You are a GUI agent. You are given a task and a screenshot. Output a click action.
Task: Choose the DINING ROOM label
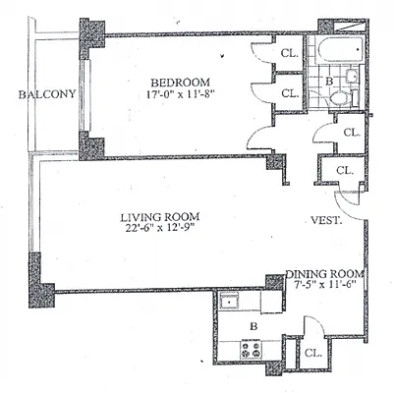(326, 274)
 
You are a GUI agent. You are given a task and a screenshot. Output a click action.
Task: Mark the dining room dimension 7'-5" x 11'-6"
(325, 288)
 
